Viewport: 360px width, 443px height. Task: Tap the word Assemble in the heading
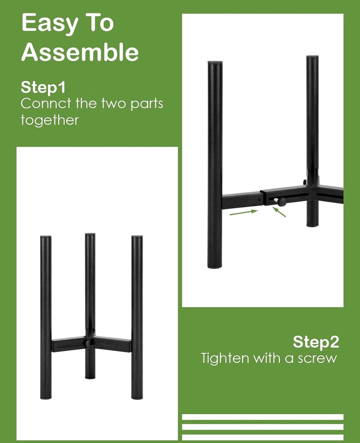80,52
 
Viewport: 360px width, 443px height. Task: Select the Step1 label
43,88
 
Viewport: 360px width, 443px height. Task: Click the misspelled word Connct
46,104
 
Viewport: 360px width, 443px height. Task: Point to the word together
49,120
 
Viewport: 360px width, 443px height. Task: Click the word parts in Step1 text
147,104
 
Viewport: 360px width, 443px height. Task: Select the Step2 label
316,342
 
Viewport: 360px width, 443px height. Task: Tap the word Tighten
225,358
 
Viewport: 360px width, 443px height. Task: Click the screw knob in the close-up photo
281,202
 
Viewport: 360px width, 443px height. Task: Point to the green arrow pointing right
243,212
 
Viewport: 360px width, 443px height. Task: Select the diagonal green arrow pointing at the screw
279,212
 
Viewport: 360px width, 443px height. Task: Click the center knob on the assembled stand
88,344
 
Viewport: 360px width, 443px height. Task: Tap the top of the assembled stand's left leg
46,237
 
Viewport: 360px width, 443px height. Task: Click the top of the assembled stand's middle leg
90,235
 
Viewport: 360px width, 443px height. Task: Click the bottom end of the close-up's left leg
215,266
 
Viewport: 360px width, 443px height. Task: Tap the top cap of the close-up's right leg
312,57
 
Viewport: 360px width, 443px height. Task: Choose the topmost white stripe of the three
263,417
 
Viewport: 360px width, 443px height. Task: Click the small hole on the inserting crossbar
260,200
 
